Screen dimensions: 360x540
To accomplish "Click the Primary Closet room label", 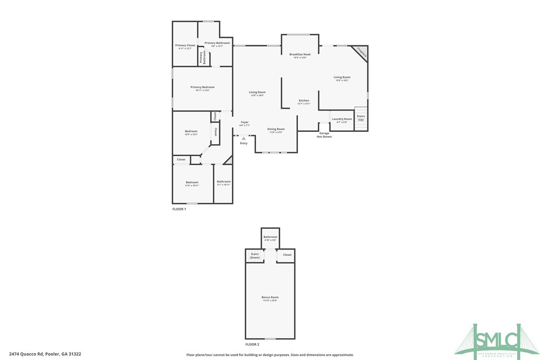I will click(185, 46).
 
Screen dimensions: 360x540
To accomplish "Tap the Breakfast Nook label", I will click(300, 54).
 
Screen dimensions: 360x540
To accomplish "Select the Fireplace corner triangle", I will click(361, 52).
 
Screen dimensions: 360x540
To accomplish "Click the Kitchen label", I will click(303, 101).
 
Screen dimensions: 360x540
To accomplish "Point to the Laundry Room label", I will click(342, 119).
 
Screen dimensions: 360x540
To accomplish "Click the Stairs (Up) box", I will click(360, 118).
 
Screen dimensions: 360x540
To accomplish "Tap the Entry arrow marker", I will click(244, 138).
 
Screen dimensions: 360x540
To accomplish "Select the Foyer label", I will click(245, 122).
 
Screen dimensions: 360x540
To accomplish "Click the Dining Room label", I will click(276, 129).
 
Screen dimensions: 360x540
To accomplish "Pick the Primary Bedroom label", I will click(202, 88).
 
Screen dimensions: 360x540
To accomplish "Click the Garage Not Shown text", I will click(324, 135).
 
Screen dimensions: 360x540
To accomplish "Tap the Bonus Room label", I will click(270, 297).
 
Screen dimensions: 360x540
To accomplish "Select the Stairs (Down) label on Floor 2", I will click(255, 256).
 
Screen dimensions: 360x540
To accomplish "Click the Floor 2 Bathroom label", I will click(270, 237).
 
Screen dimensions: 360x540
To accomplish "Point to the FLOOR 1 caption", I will click(179, 209).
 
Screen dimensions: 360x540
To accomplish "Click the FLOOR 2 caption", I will click(252, 344).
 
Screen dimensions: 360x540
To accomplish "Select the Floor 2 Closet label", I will click(287, 255).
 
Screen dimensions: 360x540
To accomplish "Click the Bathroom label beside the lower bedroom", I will click(224, 182).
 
